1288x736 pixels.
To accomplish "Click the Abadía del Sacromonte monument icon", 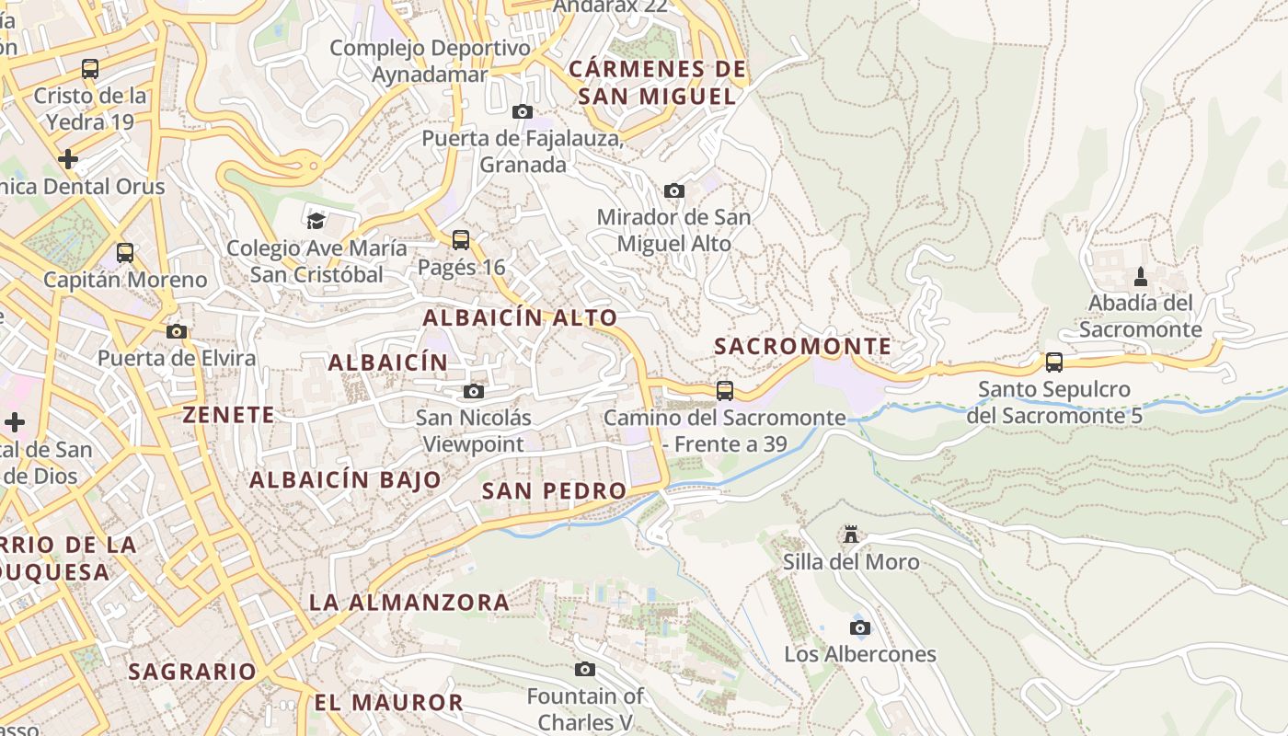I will point(1141,276).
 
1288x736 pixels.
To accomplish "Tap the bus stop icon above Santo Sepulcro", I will point(1054,362).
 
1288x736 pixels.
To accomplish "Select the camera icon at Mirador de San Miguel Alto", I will point(674,190).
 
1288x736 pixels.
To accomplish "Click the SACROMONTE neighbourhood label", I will point(803,347).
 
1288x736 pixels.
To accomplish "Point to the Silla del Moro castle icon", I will point(851,535).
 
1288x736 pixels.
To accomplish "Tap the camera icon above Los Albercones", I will point(860,627).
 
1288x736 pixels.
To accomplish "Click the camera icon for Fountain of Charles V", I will point(585,669).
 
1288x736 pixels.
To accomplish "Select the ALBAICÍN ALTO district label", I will point(521,318).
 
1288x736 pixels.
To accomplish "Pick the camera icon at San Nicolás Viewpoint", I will point(474,391).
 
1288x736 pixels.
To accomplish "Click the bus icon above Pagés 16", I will point(461,240).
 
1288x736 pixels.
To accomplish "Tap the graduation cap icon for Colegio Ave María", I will point(316,221).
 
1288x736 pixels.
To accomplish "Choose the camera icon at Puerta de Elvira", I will point(177,331).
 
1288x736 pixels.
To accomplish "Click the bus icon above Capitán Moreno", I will point(125,252).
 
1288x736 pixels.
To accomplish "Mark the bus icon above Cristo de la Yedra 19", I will point(90,69).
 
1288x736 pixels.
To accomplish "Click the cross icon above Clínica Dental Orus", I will point(68,159).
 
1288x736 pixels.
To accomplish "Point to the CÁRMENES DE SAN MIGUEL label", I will point(657,83).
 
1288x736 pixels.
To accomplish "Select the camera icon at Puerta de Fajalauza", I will point(523,111).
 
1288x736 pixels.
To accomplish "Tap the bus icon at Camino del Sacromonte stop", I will point(725,391).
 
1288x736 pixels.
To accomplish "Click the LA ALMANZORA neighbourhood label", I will point(409,603).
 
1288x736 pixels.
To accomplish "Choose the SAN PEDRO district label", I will point(554,491).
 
